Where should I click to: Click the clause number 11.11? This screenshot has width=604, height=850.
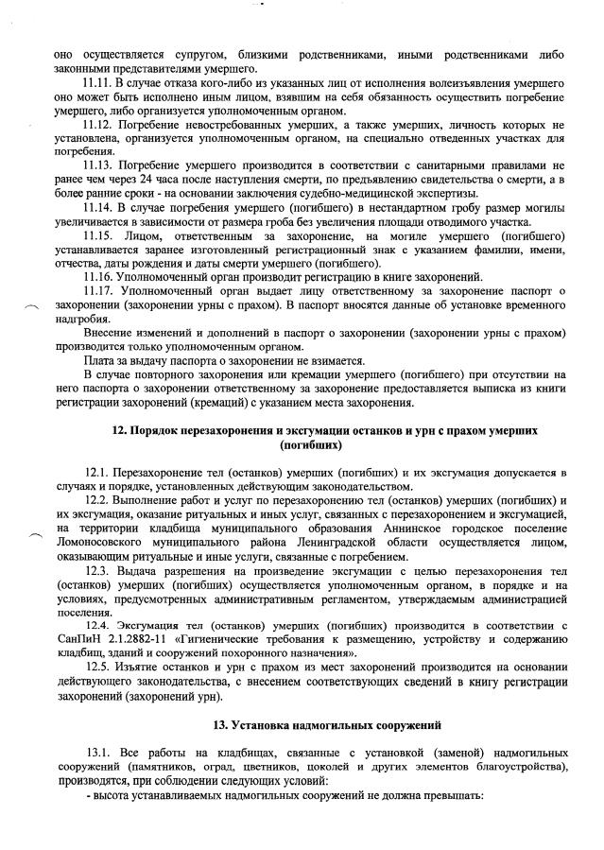tap(101, 84)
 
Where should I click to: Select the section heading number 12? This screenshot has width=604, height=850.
tap(118, 430)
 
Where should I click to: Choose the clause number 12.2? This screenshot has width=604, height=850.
tap(98, 498)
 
